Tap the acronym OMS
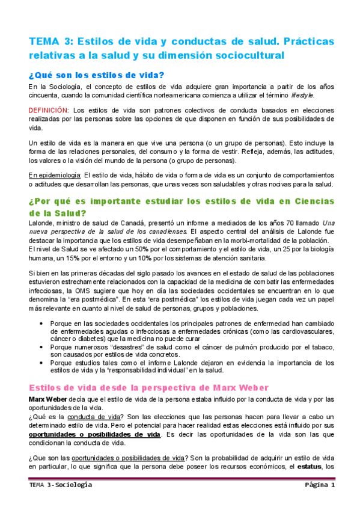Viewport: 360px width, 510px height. [x=123, y=291]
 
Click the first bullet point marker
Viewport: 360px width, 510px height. [x=40, y=323]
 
